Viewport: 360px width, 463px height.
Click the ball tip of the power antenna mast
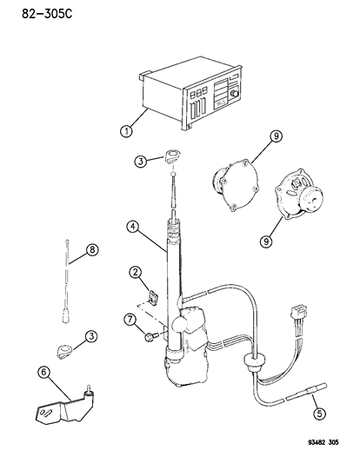click(x=172, y=178)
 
